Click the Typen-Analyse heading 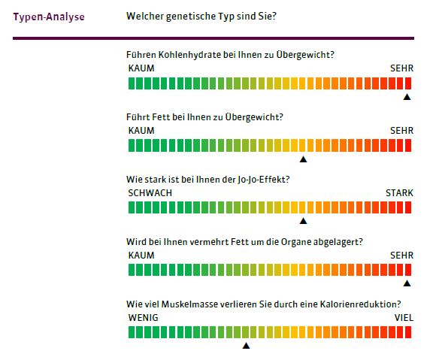pyautogui.click(x=49, y=17)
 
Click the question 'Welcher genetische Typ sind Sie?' pyautogui.click(x=201, y=16)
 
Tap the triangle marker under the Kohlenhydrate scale pyautogui.click(x=407, y=97)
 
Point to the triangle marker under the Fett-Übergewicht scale pyautogui.click(x=304, y=159)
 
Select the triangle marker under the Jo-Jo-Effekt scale pyautogui.click(x=304, y=221)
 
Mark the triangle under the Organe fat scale pyautogui.click(x=407, y=283)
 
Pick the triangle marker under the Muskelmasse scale pyautogui.click(x=246, y=346)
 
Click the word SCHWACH pyautogui.click(x=150, y=193)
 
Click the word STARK pyautogui.click(x=399, y=193)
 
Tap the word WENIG pyautogui.click(x=143, y=317)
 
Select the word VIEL pyautogui.click(x=404, y=317)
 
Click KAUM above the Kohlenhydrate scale pyautogui.click(x=141, y=68)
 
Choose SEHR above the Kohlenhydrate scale pyautogui.click(x=402, y=68)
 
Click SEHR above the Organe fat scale pyautogui.click(x=402, y=256)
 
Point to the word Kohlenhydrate pyautogui.click(x=189, y=55)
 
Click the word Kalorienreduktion pyautogui.click(x=360, y=304)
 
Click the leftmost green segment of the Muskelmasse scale pyautogui.click(x=132, y=332)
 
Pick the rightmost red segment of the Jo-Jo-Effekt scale pyautogui.click(x=408, y=207)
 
